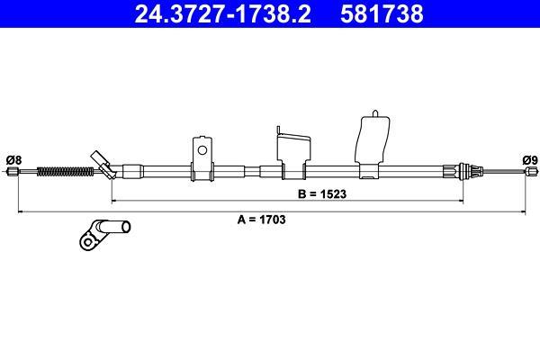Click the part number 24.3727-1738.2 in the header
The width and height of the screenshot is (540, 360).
click(x=223, y=13)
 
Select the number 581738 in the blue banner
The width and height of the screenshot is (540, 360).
click(x=382, y=13)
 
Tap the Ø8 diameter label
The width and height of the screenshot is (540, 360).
click(x=13, y=160)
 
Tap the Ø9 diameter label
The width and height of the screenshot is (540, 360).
click(x=530, y=160)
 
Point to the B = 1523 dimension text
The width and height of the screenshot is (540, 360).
click(x=322, y=194)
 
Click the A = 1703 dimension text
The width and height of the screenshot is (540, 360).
click(x=261, y=219)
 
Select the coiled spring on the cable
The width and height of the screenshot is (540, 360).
click(x=65, y=171)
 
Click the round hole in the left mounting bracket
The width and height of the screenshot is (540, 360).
click(x=202, y=150)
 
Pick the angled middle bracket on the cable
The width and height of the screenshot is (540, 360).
click(x=293, y=153)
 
